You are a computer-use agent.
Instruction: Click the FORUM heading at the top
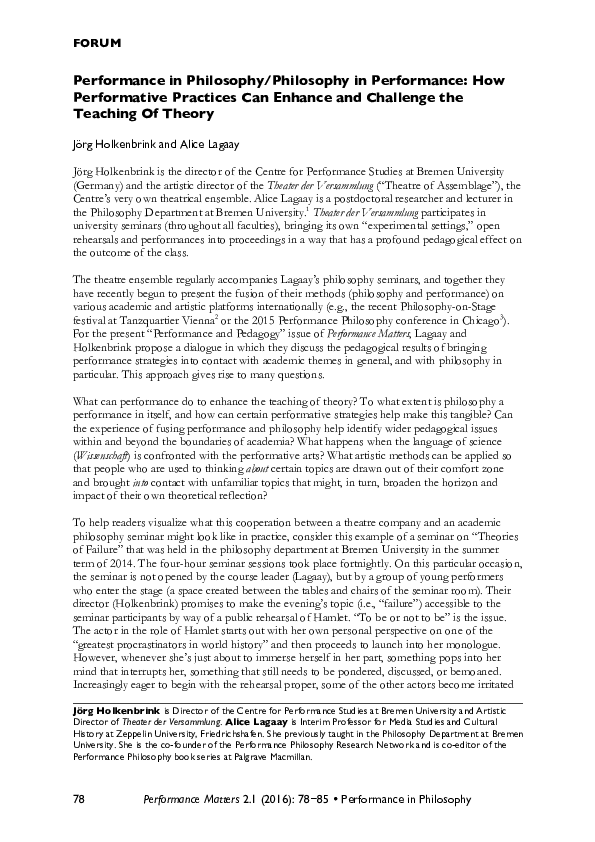coord(97,43)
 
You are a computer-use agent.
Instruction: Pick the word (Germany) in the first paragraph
coord(101,187)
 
